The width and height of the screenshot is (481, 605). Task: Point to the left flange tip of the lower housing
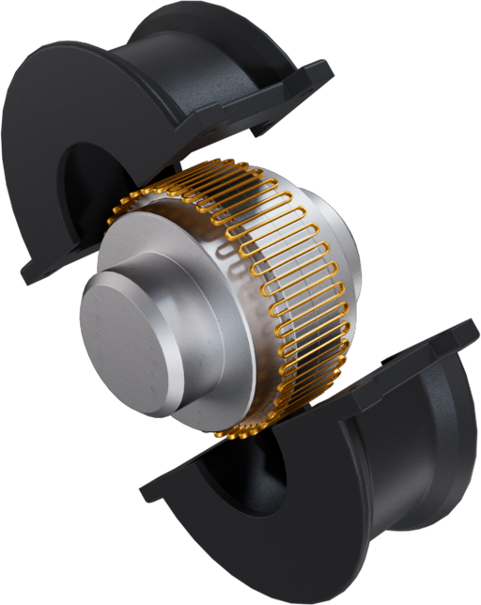tap(150, 489)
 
